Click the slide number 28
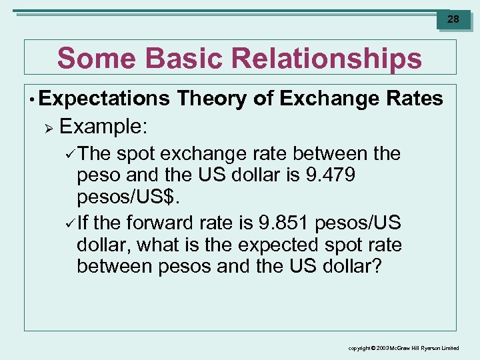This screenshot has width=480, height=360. click(453, 19)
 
